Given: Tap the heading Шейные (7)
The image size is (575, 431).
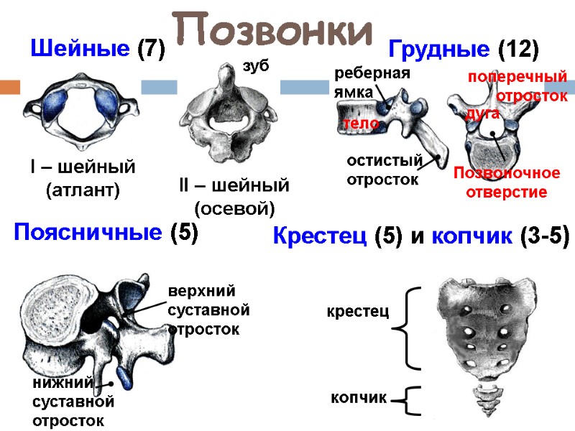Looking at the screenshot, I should pos(98,50).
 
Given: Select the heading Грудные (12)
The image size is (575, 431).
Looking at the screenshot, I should pos(463,50).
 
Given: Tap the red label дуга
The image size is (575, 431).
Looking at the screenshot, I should pos(482,113).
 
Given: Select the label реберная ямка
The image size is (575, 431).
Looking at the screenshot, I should pos(371,82).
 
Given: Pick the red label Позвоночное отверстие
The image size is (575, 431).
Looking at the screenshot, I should pos(507,182).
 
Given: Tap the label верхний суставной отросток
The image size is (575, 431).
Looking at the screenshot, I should pos(208,310).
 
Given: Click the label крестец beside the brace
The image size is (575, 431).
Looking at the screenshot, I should pos(357,312).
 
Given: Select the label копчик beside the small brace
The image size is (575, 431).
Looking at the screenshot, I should pos(359,397).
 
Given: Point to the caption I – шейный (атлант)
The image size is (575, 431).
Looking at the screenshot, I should pos(83,179).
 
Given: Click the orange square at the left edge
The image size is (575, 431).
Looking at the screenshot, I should pos(9,87).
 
